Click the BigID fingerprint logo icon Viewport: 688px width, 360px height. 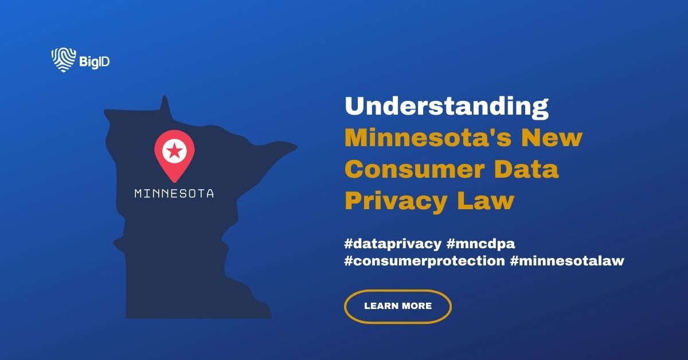tap(62, 60)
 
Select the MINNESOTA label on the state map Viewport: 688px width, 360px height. tap(174, 194)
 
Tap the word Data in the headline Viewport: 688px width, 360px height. tap(531, 170)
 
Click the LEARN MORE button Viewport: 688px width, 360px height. tap(398, 306)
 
